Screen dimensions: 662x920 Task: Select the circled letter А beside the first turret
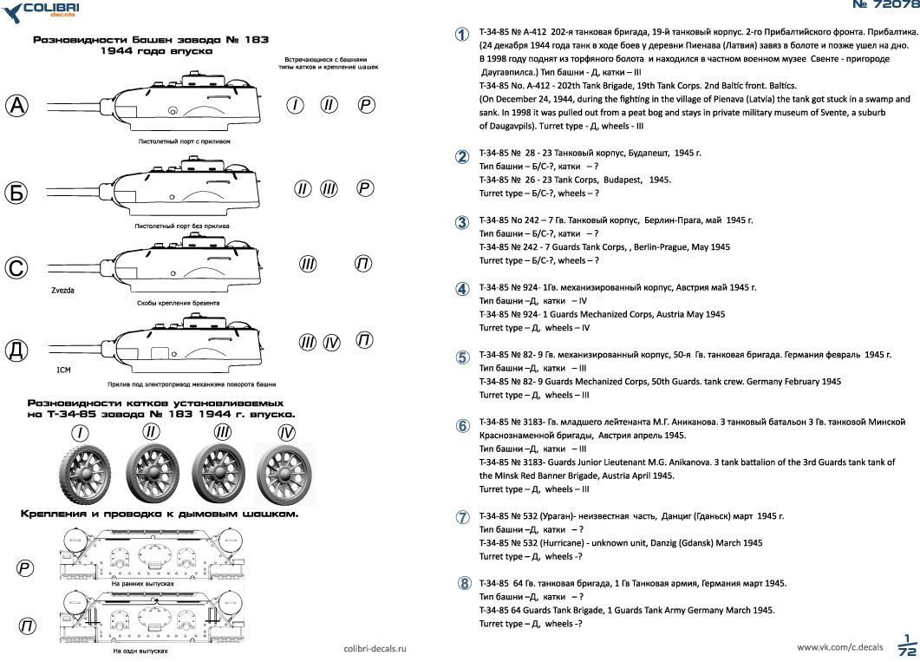click(x=17, y=106)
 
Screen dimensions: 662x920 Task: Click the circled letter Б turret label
click(x=16, y=193)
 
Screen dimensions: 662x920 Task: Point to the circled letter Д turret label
click(x=17, y=351)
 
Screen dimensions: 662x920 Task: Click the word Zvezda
click(x=62, y=291)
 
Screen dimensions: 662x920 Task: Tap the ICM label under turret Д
click(x=62, y=370)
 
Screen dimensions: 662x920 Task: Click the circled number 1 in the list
click(x=463, y=34)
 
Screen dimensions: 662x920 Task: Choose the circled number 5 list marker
click(x=463, y=357)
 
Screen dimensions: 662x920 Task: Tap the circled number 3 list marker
click(x=463, y=222)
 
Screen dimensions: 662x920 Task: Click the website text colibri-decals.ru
click(x=375, y=648)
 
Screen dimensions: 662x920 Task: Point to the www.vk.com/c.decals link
click(x=839, y=647)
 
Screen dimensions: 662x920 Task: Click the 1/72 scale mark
click(x=907, y=645)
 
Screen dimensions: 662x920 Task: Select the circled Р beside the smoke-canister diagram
click(x=25, y=568)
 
